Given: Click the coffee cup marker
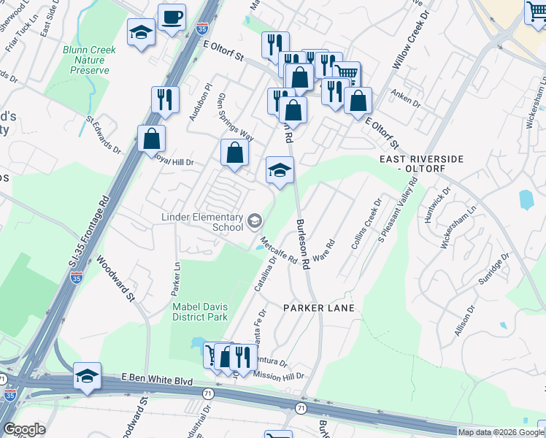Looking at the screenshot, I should pyautogui.click(x=172, y=18).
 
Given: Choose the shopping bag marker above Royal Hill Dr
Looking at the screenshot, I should pyautogui.click(x=151, y=139).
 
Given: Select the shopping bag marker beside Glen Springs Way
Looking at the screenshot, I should pyautogui.click(x=234, y=153).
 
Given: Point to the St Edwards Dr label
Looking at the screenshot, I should pyautogui.click(x=103, y=134).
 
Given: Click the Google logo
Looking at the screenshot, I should pyautogui.click(x=24, y=429).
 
